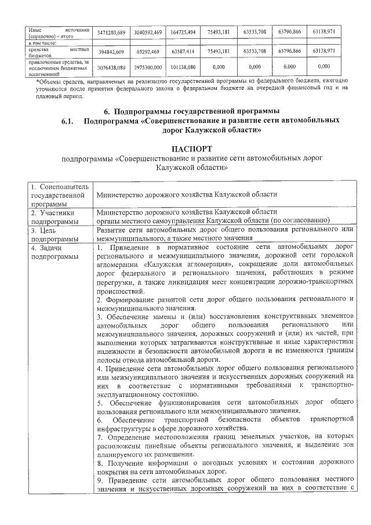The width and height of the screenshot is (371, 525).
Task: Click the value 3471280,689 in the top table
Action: pos(112,31)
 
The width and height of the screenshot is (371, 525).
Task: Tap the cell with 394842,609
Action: pos(112,52)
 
